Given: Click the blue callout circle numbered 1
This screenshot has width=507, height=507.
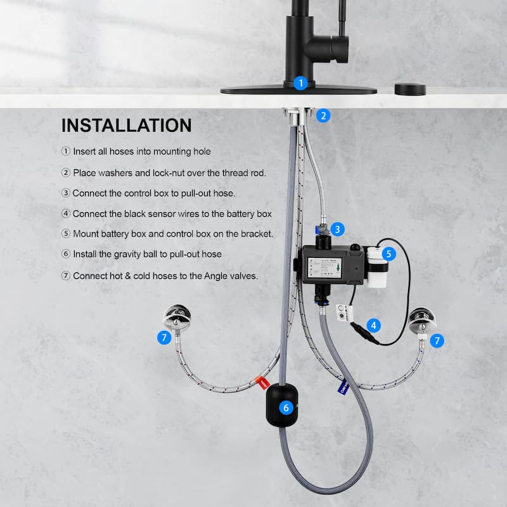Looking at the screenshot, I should click(x=301, y=82).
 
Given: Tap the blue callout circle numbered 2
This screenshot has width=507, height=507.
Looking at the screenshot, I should click(x=324, y=115).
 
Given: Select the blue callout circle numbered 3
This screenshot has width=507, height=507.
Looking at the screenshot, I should click(x=338, y=229).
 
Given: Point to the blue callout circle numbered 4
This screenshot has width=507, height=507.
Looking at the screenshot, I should click(x=375, y=326).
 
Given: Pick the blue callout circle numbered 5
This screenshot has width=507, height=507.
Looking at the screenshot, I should click(x=389, y=254).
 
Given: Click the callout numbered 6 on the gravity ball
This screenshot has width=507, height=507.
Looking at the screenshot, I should click(x=286, y=408).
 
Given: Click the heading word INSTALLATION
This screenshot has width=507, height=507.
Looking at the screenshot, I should click(x=127, y=125).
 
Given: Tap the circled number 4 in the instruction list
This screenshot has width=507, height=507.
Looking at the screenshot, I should click(x=66, y=214).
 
